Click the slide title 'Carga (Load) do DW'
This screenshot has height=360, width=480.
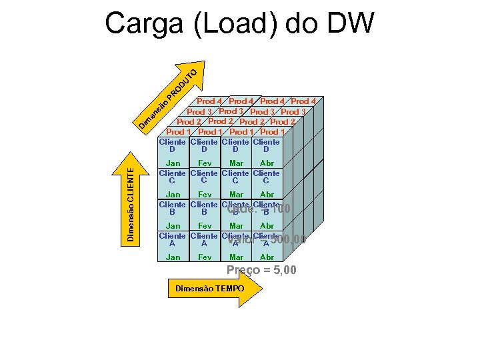[240, 23]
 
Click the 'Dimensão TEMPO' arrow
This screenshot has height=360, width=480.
[207, 289]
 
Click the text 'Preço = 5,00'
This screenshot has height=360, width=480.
[261, 270]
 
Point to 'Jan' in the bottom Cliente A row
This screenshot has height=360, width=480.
[173, 257]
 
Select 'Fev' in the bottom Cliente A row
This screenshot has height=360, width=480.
[204, 257]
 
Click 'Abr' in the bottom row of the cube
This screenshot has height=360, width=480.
[267, 257]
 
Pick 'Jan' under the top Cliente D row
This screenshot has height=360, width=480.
[173, 163]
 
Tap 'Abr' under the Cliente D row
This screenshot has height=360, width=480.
[267, 163]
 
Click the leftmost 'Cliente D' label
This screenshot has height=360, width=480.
[172, 145]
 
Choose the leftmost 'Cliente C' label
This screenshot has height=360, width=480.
[172, 177]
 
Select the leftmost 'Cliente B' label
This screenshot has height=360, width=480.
[172, 208]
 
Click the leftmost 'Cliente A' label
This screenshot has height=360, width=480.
[172, 239]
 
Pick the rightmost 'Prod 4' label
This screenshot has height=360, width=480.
[304, 101]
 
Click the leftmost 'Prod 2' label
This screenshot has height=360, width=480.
[189, 122]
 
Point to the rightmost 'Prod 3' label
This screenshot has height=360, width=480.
[293, 112]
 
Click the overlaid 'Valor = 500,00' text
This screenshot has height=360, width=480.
[267, 239]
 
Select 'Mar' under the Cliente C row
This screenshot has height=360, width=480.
[235, 194]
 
